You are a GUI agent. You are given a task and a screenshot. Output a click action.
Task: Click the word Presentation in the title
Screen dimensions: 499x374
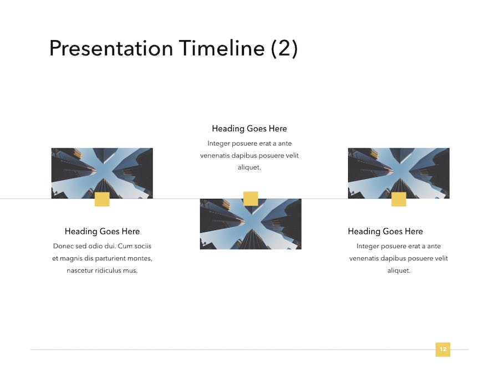111,48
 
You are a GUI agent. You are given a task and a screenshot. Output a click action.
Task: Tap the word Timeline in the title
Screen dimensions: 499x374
221,48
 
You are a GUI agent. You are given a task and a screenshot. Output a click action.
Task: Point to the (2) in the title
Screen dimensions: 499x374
284,49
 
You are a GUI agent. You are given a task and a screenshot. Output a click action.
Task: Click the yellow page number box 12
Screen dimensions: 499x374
442,350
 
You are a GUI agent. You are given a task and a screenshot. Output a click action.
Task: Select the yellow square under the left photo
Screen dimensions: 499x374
102,199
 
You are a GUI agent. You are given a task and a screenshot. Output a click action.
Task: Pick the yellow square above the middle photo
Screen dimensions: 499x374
251,198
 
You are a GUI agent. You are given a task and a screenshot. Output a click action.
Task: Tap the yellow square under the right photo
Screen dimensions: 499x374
399,199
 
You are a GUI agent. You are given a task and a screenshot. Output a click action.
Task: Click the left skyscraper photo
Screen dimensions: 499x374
102,173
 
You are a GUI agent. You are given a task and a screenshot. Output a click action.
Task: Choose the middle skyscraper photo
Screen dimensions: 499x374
251,224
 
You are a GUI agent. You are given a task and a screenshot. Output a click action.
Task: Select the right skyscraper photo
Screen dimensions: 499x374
399,173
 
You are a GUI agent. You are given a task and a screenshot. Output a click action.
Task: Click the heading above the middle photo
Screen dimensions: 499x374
249,129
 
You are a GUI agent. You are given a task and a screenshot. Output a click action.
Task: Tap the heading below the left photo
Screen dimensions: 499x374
102,231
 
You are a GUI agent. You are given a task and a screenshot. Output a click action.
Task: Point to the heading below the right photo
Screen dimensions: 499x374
385,231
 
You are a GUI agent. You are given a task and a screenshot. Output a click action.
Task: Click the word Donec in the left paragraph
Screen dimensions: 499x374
63,246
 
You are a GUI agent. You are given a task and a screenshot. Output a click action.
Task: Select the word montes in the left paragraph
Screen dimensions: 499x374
140,258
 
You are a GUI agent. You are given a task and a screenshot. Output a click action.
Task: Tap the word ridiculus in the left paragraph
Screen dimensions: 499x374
103,270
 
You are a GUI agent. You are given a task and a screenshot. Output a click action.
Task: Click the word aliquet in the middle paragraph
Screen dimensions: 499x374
249,167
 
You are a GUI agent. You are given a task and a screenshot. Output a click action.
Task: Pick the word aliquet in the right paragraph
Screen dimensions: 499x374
399,270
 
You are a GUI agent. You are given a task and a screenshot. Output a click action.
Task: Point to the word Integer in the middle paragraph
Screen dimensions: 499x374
218,144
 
